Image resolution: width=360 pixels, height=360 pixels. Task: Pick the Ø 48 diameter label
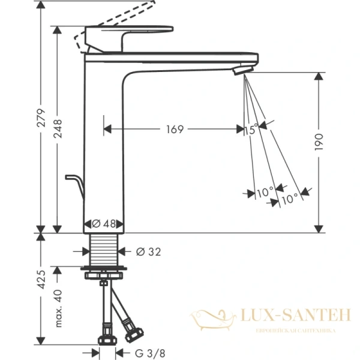[103, 223]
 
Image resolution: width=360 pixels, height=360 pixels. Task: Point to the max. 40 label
[58, 307]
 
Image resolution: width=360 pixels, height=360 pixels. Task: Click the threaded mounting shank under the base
[106, 248]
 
